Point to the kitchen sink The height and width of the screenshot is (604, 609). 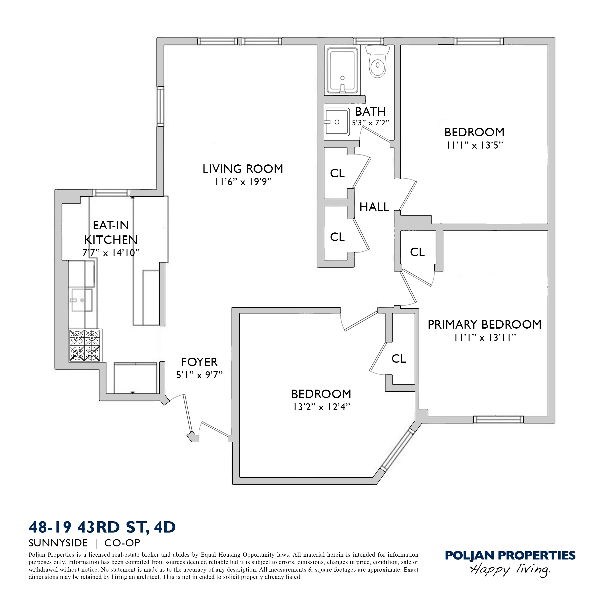(x=81, y=300)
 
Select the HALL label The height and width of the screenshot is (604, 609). (x=374, y=207)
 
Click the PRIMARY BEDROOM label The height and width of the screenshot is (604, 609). (x=484, y=324)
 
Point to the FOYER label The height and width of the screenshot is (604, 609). (x=199, y=362)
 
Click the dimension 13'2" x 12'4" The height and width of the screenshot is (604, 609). (x=321, y=407)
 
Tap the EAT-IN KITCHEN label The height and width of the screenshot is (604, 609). (x=111, y=232)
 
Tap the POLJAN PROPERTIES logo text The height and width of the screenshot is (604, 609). (x=510, y=555)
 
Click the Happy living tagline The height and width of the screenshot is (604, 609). (x=510, y=570)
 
